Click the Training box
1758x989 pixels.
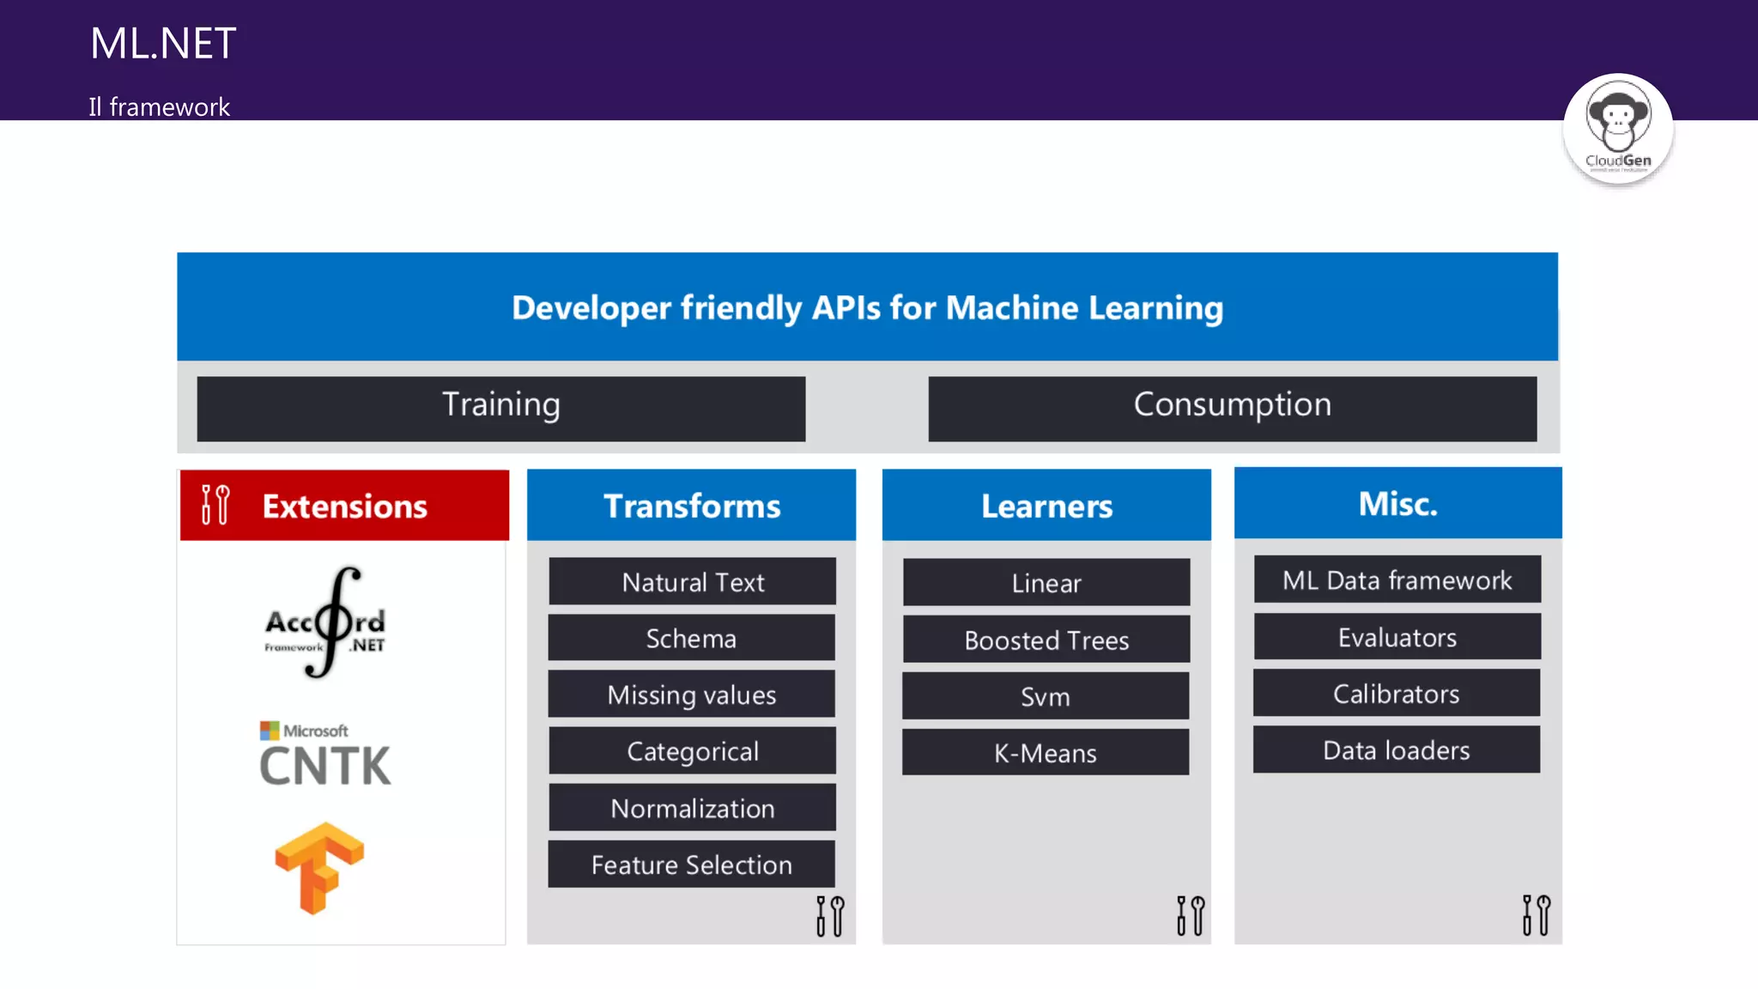[501, 409]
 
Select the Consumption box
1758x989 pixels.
[1232, 409]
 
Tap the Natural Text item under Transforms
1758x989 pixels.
[692, 582]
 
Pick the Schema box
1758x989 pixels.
[691, 638]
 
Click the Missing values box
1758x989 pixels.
[691, 695]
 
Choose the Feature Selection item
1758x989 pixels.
[691, 865]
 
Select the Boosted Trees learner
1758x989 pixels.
[1046, 640]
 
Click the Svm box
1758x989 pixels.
[1046, 696]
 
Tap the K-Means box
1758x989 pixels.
[1046, 753]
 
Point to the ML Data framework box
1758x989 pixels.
[1397, 580]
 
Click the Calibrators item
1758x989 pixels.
[1396, 694]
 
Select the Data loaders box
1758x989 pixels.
[1396, 750]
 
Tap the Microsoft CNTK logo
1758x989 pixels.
[324, 755]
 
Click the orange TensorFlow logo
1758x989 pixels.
[319, 867]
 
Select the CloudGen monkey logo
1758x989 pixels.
[1617, 129]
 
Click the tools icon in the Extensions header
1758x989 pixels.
[215, 505]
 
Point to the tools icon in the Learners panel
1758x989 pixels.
[1191, 915]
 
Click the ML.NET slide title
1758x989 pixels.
[163, 43]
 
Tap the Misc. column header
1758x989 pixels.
[1397, 504]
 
